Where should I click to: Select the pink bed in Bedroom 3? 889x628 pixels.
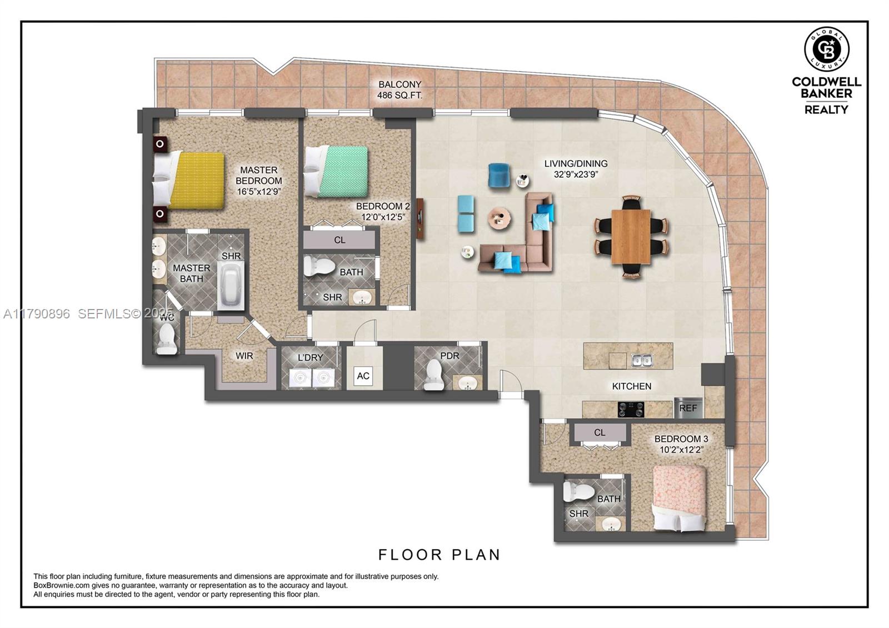tap(679, 496)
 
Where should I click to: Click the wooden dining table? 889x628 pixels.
tap(631, 236)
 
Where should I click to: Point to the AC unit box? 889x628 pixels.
tap(363, 376)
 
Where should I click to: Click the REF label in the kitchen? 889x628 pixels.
tap(688, 408)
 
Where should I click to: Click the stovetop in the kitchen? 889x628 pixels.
tap(631, 410)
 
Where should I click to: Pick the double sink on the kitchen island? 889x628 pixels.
tap(642, 361)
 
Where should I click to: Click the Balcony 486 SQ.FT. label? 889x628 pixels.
tap(399, 90)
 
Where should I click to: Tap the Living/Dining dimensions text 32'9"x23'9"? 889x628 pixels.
tap(576, 175)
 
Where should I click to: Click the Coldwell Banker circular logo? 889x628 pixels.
tap(826, 48)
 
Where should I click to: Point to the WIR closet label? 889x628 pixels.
tap(244, 356)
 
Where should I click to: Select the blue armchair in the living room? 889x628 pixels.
tap(500, 175)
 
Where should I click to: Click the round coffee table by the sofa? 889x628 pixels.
tap(500, 218)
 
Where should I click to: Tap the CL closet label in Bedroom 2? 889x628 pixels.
tap(339, 240)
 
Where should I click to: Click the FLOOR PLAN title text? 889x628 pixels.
tap(439, 555)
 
